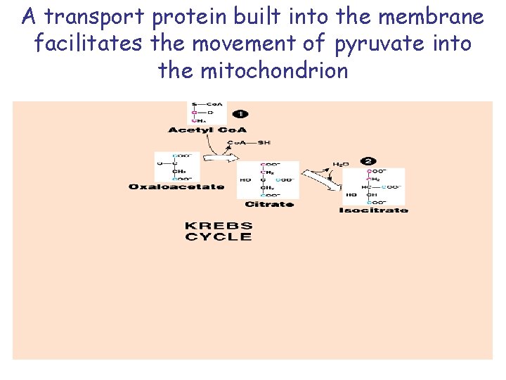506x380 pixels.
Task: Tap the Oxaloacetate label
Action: tap(176, 186)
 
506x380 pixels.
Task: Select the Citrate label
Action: tap(269, 204)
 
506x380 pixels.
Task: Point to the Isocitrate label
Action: tap(373, 210)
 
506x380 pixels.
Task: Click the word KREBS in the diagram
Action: tap(218, 226)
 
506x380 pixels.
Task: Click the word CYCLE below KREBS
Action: tap(218, 237)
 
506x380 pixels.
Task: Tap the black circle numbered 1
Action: tap(240, 114)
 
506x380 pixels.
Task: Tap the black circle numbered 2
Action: tap(367, 162)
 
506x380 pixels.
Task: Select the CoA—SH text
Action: tap(249, 142)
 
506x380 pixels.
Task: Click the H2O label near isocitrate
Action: tap(341, 164)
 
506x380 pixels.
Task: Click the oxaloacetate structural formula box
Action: tap(176, 167)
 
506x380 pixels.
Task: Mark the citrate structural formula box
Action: tap(268, 180)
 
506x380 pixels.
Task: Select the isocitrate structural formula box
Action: tap(383, 186)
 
